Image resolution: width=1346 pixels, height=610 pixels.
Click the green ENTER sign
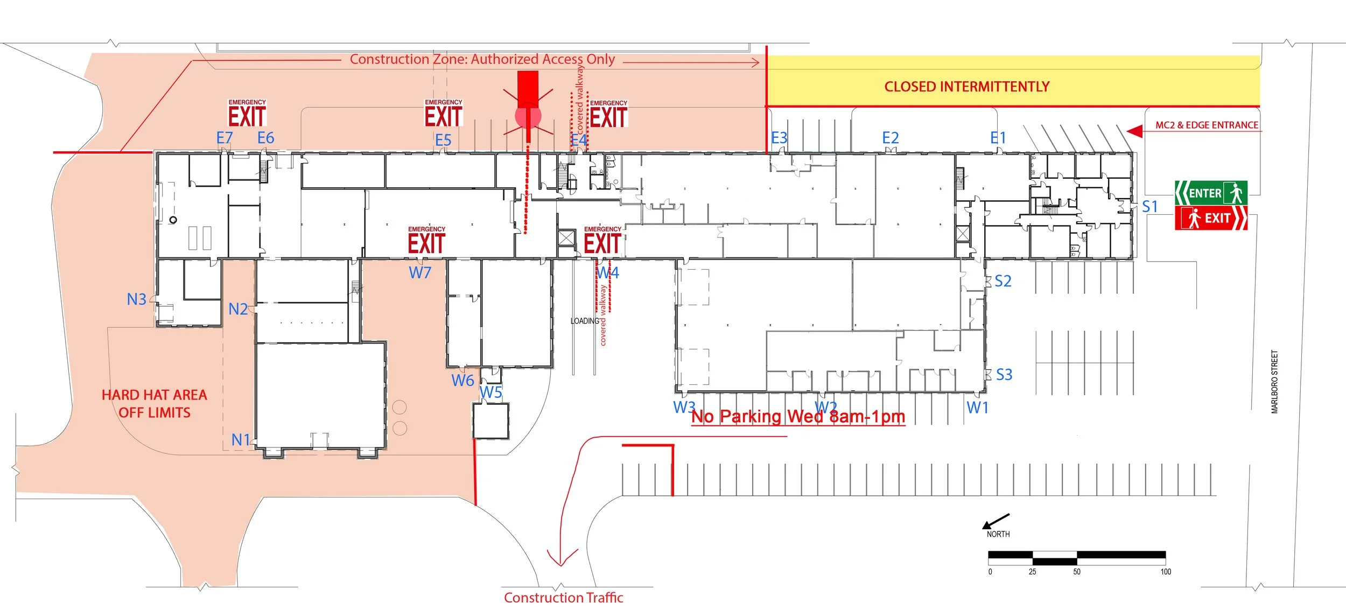[1210, 193]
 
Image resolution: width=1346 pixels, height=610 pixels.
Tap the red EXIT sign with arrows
[1210, 218]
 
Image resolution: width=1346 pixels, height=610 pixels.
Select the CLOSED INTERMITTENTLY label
[966, 87]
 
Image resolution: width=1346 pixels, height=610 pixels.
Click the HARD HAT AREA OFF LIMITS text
[155, 404]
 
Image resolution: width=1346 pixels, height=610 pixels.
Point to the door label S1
[1149, 207]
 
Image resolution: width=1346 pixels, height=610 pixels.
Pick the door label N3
[136, 299]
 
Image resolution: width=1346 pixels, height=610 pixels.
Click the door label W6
[462, 381]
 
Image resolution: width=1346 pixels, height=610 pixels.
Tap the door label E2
[890, 138]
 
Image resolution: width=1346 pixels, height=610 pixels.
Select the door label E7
[224, 138]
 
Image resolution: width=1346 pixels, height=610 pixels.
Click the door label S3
[1004, 375]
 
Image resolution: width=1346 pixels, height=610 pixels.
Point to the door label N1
[241, 440]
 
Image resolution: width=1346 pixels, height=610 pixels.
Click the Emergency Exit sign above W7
[426, 240]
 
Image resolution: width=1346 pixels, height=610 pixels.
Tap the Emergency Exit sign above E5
[443, 113]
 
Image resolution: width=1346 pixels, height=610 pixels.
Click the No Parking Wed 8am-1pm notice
[798, 417]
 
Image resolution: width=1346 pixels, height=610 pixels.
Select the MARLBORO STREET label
[1274, 382]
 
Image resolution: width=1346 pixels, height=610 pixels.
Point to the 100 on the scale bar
[1165, 572]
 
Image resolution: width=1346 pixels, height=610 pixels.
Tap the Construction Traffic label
[563, 598]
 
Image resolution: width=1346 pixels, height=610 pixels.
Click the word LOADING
[585, 321]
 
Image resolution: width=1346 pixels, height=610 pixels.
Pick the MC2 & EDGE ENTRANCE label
[1207, 125]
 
